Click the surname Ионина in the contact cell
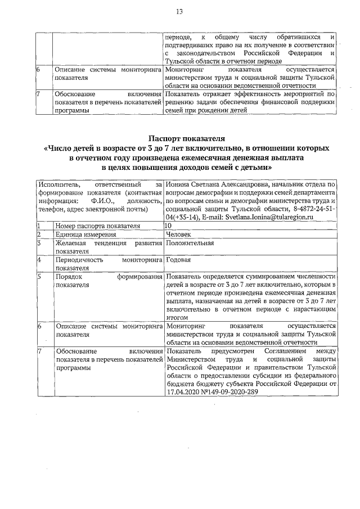(x=179, y=184)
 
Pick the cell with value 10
(x=168, y=226)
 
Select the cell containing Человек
(x=179, y=235)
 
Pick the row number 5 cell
(x=39, y=277)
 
